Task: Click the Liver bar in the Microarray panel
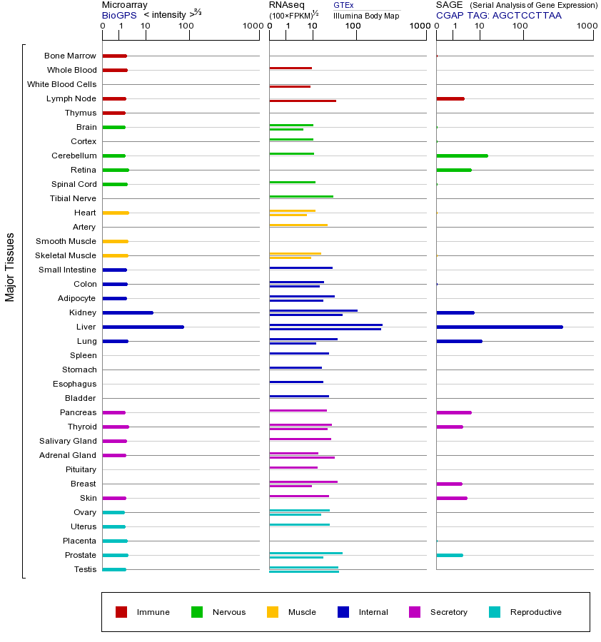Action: (x=143, y=327)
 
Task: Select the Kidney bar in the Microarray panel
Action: (x=128, y=312)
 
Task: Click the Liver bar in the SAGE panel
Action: (x=499, y=327)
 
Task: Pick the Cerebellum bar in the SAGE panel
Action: (x=462, y=156)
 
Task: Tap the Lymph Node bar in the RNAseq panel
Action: (x=303, y=101)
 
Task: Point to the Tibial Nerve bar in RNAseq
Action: (x=301, y=196)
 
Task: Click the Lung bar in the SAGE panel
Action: (x=459, y=341)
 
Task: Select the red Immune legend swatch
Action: (x=121, y=612)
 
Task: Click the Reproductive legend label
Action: (x=535, y=612)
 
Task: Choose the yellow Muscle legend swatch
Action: (x=273, y=612)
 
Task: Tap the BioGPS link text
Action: (x=118, y=15)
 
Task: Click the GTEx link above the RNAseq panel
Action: (x=343, y=5)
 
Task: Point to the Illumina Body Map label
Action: (x=366, y=16)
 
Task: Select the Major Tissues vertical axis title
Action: (x=10, y=267)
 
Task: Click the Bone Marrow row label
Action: (x=70, y=56)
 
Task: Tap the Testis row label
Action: (x=85, y=569)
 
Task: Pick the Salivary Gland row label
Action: (x=68, y=441)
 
